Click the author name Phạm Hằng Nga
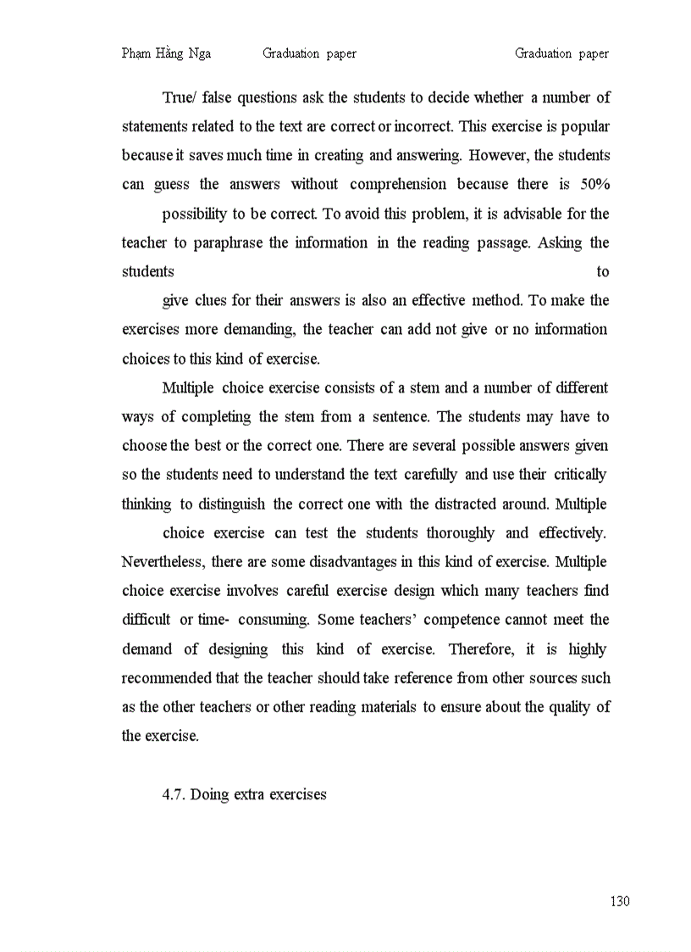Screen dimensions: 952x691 click(x=166, y=53)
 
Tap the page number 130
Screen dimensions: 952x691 click(x=620, y=901)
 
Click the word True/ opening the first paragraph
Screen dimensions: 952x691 click(x=179, y=97)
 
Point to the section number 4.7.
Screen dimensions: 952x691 click(x=174, y=795)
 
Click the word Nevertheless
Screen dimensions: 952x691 click(x=162, y=561)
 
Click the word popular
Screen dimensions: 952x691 click(x=584, y=126)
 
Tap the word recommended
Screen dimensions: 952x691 click(x=167, y=678)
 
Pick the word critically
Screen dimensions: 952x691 click(x=579, y=475)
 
